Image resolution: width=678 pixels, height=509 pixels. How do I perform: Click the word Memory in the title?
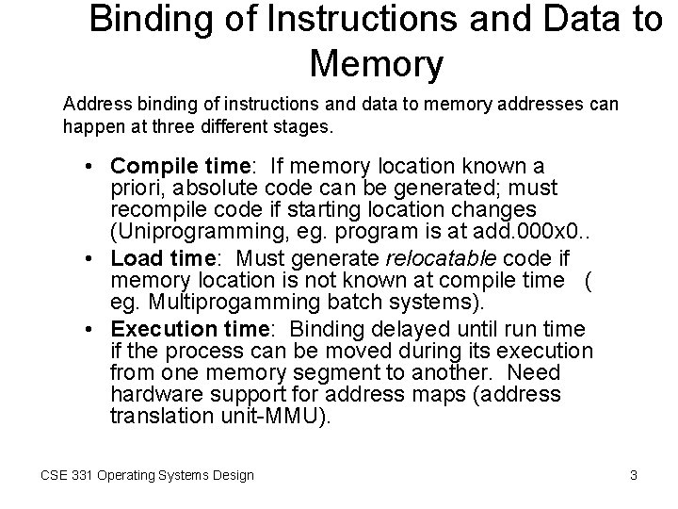coord(376,64)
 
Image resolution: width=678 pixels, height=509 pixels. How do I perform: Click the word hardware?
coord(155,394)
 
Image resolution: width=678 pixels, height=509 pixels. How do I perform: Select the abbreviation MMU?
coord(298,417)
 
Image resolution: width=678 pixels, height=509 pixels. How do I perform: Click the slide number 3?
coord(634,476)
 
